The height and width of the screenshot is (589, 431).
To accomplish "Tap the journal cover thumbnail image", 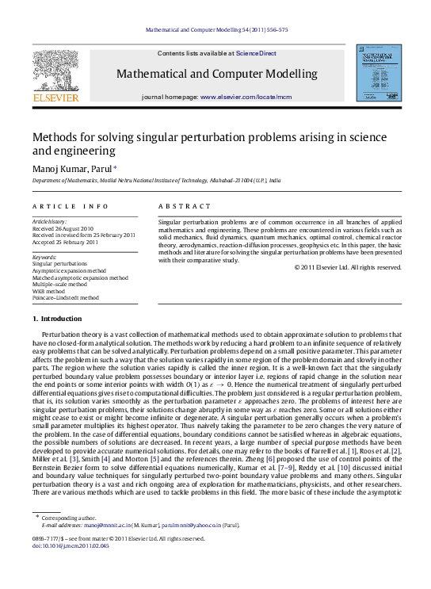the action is [377, 75].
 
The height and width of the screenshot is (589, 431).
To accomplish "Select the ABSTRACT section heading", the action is [179, 204].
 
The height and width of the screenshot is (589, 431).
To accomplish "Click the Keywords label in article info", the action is [44, 257].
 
